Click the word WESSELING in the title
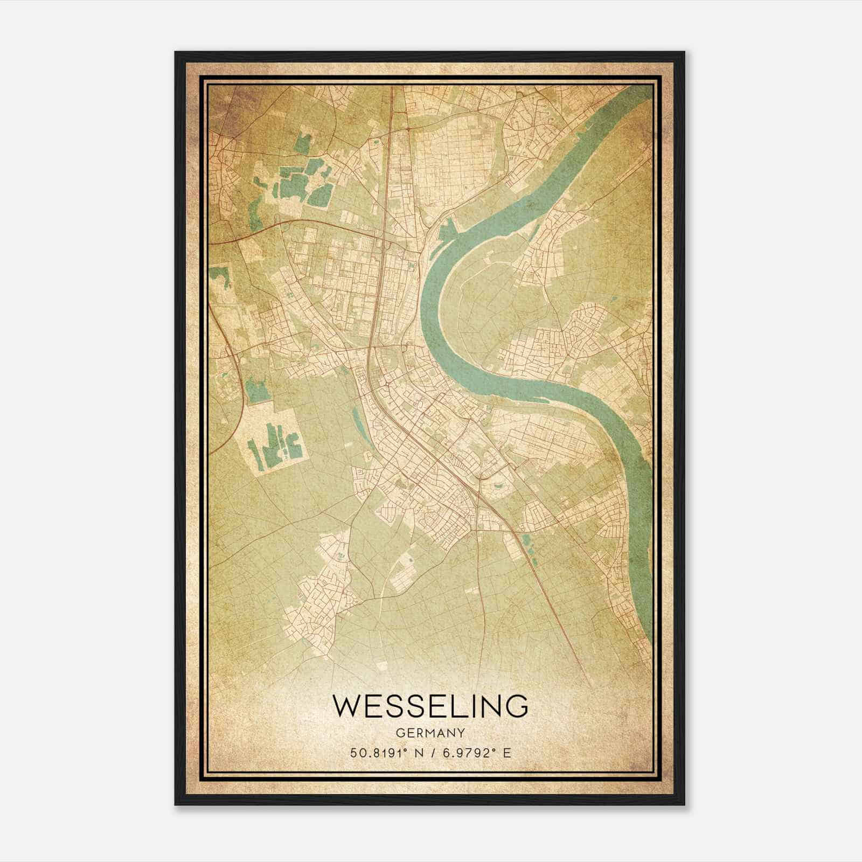click(430, 706)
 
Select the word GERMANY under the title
click(430, 733)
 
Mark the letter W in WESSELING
click(348, 706)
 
